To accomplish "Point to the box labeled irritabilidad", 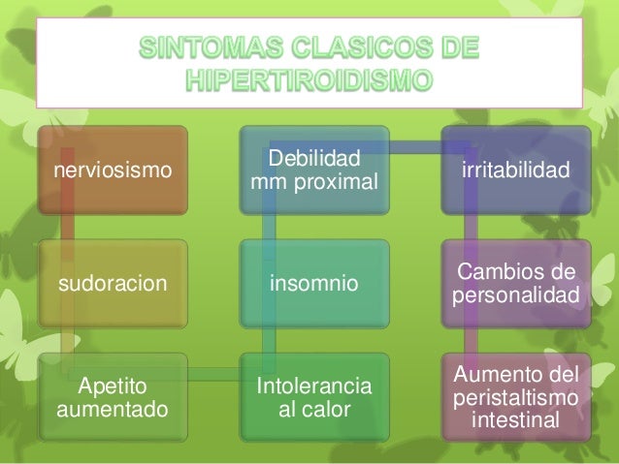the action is pyautogui.click(x=511, y=170).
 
